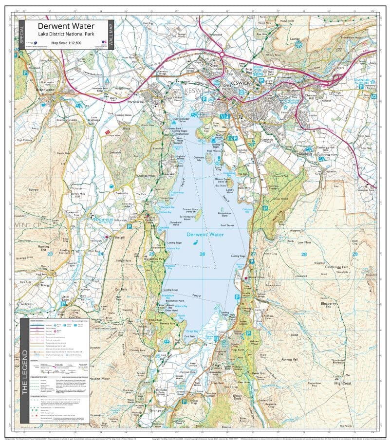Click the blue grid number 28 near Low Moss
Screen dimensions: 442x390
(304, 254)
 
